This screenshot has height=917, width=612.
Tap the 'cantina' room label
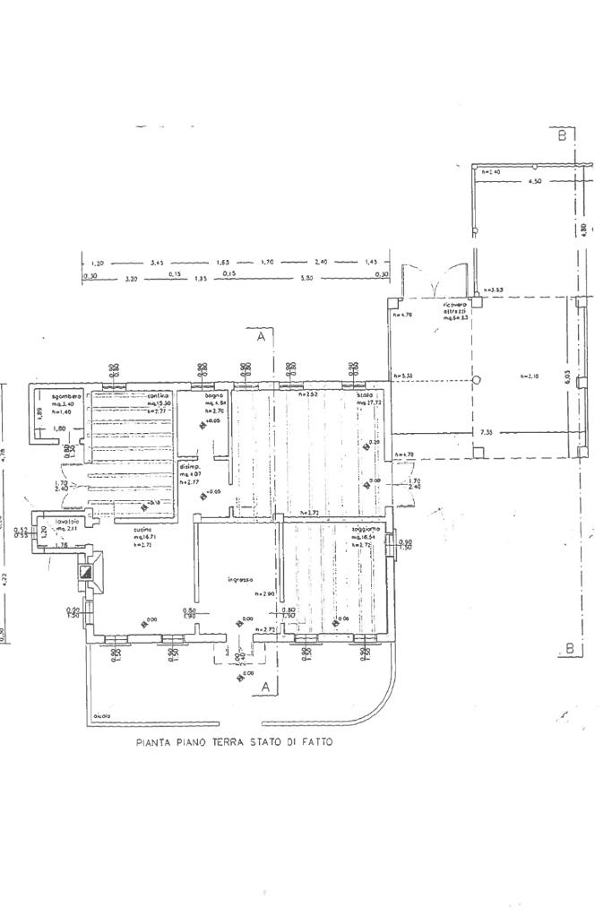click(x=159, y=395)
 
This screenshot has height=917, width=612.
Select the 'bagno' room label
click(x=212, y=395)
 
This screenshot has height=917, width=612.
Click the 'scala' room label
click(x=365, y=395)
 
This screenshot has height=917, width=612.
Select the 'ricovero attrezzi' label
click(x=455, y=310)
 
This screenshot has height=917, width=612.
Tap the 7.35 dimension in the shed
click(x=486, y=433)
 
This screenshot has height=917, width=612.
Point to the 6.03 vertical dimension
click(x=566, y=378)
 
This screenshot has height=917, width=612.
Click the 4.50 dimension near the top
click(x=536, y=181)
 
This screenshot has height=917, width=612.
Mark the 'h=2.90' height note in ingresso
click(x=263, y=594)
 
